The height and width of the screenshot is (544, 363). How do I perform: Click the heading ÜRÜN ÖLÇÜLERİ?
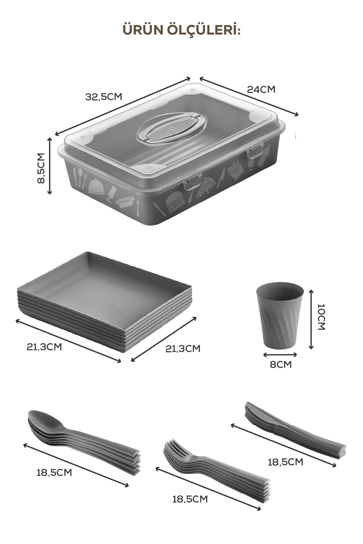[x=181, y=30]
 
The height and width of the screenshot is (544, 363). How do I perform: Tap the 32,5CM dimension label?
[x=103, y=97]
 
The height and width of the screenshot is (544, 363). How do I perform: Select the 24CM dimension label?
[x=261, y=89]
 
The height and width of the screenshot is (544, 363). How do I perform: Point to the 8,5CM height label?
[x=41, y=168]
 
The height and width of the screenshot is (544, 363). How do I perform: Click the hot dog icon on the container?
[x=125, y=202]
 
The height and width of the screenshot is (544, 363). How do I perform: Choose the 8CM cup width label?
[x=281, y=364]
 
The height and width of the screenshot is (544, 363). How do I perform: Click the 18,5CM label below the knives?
[x=286, y=462]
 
